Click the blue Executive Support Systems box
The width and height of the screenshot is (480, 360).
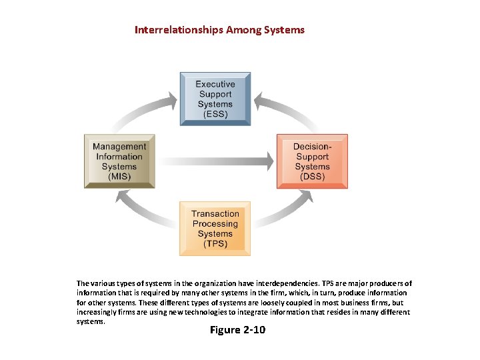215,99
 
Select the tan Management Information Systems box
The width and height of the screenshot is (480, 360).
119,161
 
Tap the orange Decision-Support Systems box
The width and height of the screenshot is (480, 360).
312,161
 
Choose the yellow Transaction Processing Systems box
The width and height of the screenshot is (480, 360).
215,229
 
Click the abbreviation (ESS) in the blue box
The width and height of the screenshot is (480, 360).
215,114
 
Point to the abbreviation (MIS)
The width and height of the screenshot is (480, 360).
119,177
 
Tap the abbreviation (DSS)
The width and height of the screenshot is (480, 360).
312,176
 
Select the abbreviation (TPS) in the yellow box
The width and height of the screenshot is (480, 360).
215,244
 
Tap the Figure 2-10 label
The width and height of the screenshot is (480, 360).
237,330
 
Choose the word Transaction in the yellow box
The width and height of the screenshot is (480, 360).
215,214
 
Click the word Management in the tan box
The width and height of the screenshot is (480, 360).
119,147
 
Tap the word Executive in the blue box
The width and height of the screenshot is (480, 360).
215,84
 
